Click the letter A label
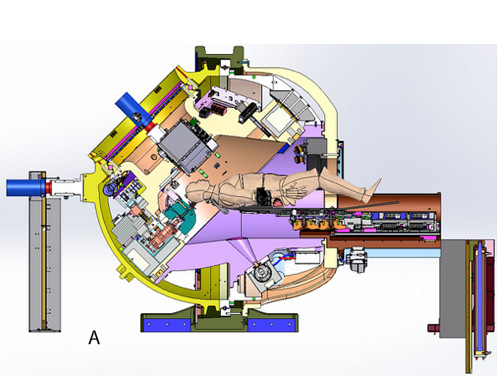[x=94, y=337]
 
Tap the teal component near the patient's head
[x=182, y=215]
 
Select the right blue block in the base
[x=271, y=325]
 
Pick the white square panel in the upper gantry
[x=278, y=120]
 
